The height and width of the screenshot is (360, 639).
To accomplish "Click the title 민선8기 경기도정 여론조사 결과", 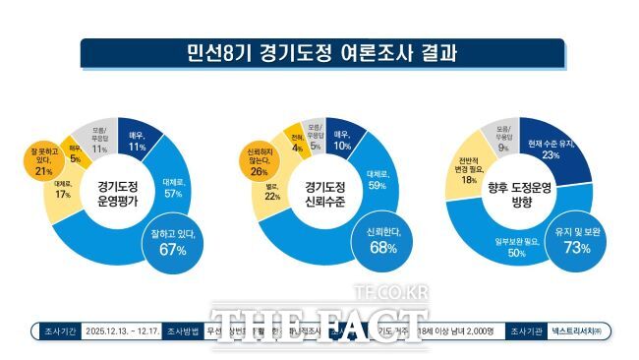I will pos(320,52).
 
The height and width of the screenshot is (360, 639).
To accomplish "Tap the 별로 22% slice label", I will pos(273,200).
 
